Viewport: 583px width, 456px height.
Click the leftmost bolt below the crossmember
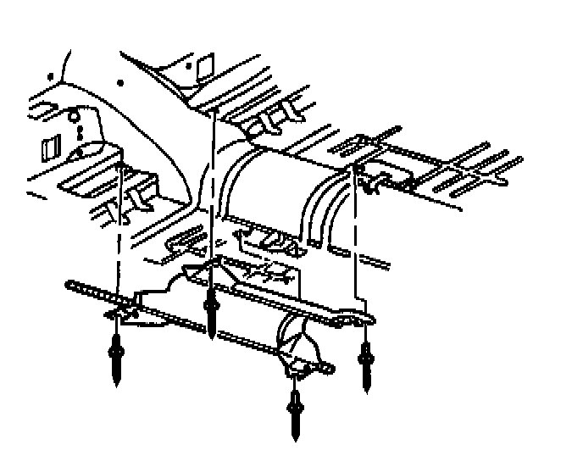click(116, 356)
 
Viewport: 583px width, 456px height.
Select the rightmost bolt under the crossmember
click(366, 360)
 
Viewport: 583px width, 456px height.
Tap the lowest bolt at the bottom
click(295, 411)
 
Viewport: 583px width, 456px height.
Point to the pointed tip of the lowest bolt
click(295, 437)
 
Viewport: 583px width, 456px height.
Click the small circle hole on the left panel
click(74, 115)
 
